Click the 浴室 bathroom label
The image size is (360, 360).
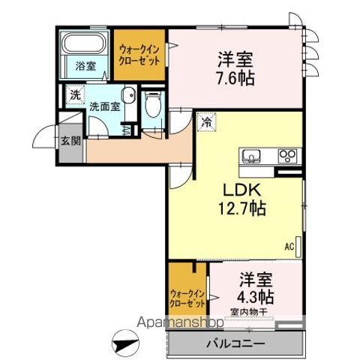[85, 66]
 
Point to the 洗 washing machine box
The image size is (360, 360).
[73, 95]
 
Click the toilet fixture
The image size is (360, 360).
[153, 105]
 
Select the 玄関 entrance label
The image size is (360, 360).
[70, 140]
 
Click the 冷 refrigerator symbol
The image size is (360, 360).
[205, 119]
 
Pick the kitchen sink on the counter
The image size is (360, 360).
[252, 156]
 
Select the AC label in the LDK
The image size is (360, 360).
[288, 244]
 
